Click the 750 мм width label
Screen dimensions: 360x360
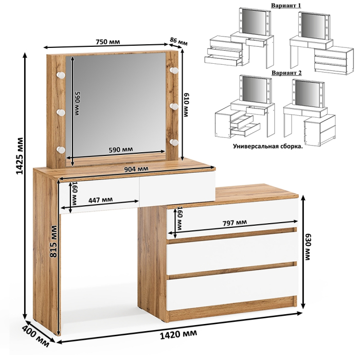click(x=107, y=42)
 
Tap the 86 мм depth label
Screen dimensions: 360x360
click(x=178, y=41)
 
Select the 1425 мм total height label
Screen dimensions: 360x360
click(x=20, y=156)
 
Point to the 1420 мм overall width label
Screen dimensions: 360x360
click(x=178, y=334)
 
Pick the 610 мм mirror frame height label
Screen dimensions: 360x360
click(x=186, y=105)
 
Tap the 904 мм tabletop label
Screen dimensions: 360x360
click(x=136, y=169)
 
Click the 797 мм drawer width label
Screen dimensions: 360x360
click(x=235, y=223)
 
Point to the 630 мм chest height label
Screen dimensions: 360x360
click(x=307, y=247)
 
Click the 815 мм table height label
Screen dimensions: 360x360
click(x=53, y=241)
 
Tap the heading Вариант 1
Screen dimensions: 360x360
click(x=286, y=5)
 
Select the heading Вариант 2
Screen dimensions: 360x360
click(x=286, y=73)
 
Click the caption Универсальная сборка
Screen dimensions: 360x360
click(x=268, y=146)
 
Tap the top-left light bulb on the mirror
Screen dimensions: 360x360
click(x=61, y=75)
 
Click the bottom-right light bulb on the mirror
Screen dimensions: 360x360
click(x=174, y=142)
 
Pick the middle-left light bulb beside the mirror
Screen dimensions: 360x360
click(x=61, y=112)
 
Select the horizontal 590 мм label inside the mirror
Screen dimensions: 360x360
click(x=120, y=149)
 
